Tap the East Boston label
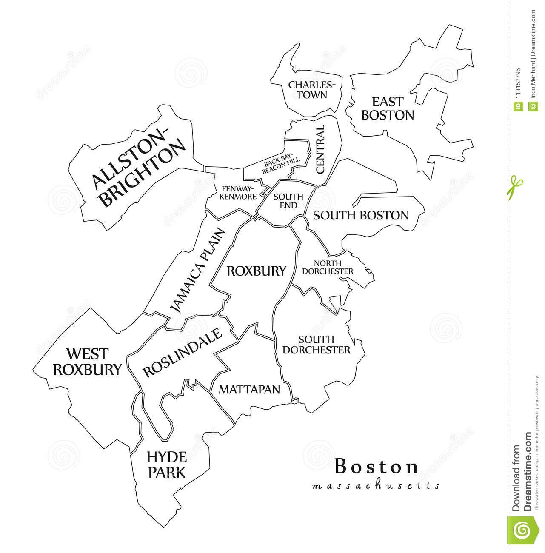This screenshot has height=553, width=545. point(387,108)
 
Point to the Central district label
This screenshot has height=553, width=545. point(320,149)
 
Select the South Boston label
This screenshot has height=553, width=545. point(361,215)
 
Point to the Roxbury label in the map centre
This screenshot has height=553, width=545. point(256,271)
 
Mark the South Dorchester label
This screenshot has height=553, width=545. point(322,345)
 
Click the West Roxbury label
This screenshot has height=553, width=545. point(87,362)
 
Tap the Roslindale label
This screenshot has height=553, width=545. point(183,353)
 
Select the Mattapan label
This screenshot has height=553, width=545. point(249,389)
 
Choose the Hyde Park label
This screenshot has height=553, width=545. point(166,465)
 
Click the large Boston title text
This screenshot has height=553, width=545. point(377,467)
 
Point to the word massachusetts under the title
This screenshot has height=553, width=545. point(376,485)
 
